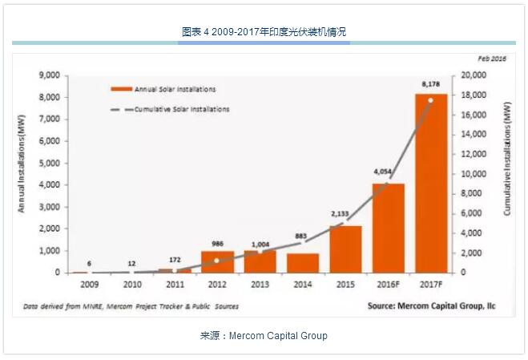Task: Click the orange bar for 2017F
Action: coord(430,184)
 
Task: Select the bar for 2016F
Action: coord(388,229)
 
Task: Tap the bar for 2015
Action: coord(345,249)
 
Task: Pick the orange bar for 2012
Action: coord(218,262)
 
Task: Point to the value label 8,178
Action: coord(431,84)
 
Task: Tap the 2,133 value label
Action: coord(345,214)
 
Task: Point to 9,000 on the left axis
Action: coord(50,75)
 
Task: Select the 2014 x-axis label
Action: coord(303,285)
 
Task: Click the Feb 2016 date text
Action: coord(492,59)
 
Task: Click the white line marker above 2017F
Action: coord(430,100)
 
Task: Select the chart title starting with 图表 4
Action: coord(264,32)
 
